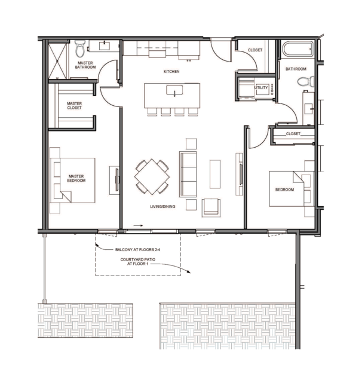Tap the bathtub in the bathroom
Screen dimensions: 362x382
pyautogui.click(x=297, y=50)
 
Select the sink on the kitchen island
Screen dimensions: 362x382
pyautogui.click(x=174, y=90)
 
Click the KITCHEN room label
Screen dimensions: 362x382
pyautogui.click(x=171, y=71)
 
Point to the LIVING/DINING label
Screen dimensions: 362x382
pyautogui.click(x=162, y=206)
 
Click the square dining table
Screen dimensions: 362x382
pyautogui.click(x=152, y=176)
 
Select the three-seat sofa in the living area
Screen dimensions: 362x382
pyautogui.click(x=188, y=174)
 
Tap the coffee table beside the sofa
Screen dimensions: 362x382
pyautogui.click(x=215, y=174)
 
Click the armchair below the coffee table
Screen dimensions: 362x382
pyautogui.click(x=211, y=207)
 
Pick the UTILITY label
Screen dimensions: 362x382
pyautogui.click(x=261, y=87)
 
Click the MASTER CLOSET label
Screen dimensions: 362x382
pyautogui.click(x=74, y=105)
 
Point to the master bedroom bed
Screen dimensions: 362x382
pyautogui.click(x=72, y=180)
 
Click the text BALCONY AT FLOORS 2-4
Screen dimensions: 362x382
pyautogui.click(x=137, y=250)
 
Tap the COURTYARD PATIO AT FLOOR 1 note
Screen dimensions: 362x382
pyautogui.click(x=137, y=261)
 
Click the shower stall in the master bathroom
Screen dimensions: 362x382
pyautogui.click(x=57, y=60)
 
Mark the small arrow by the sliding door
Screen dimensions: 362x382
pyautogui.click(x=138, y=225)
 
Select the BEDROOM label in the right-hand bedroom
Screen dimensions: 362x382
pyautogui.click(x=284, y=190)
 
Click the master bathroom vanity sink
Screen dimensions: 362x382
pyautogui.click(x=105, y=45)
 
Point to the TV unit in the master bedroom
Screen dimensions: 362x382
pyautogui.click(x=114, y=180)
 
